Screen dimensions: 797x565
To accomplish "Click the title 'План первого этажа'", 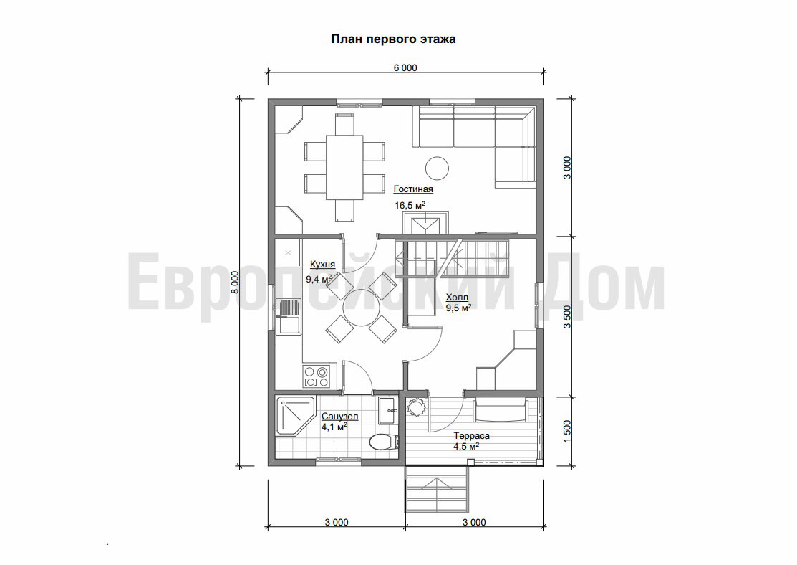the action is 393,39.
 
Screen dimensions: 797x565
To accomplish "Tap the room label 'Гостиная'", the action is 413,189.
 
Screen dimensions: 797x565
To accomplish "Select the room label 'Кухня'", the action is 322,265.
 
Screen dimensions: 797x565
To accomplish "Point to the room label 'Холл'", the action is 457,298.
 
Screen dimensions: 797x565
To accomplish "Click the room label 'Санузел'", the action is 339,417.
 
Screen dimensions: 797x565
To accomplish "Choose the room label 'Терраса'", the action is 472,436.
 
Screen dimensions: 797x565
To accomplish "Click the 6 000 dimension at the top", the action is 405,67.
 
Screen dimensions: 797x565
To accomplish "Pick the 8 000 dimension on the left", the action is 234,282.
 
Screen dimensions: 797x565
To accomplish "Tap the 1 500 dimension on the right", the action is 568,431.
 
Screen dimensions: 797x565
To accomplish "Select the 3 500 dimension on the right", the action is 568,317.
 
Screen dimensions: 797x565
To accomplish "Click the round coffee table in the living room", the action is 437,168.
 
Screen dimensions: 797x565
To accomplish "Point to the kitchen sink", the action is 289,317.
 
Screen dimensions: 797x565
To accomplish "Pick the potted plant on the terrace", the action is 417,407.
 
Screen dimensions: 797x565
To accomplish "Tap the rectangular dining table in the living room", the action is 344,167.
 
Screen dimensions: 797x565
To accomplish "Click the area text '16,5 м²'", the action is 410,205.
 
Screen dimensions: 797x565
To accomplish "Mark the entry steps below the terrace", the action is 437,491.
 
